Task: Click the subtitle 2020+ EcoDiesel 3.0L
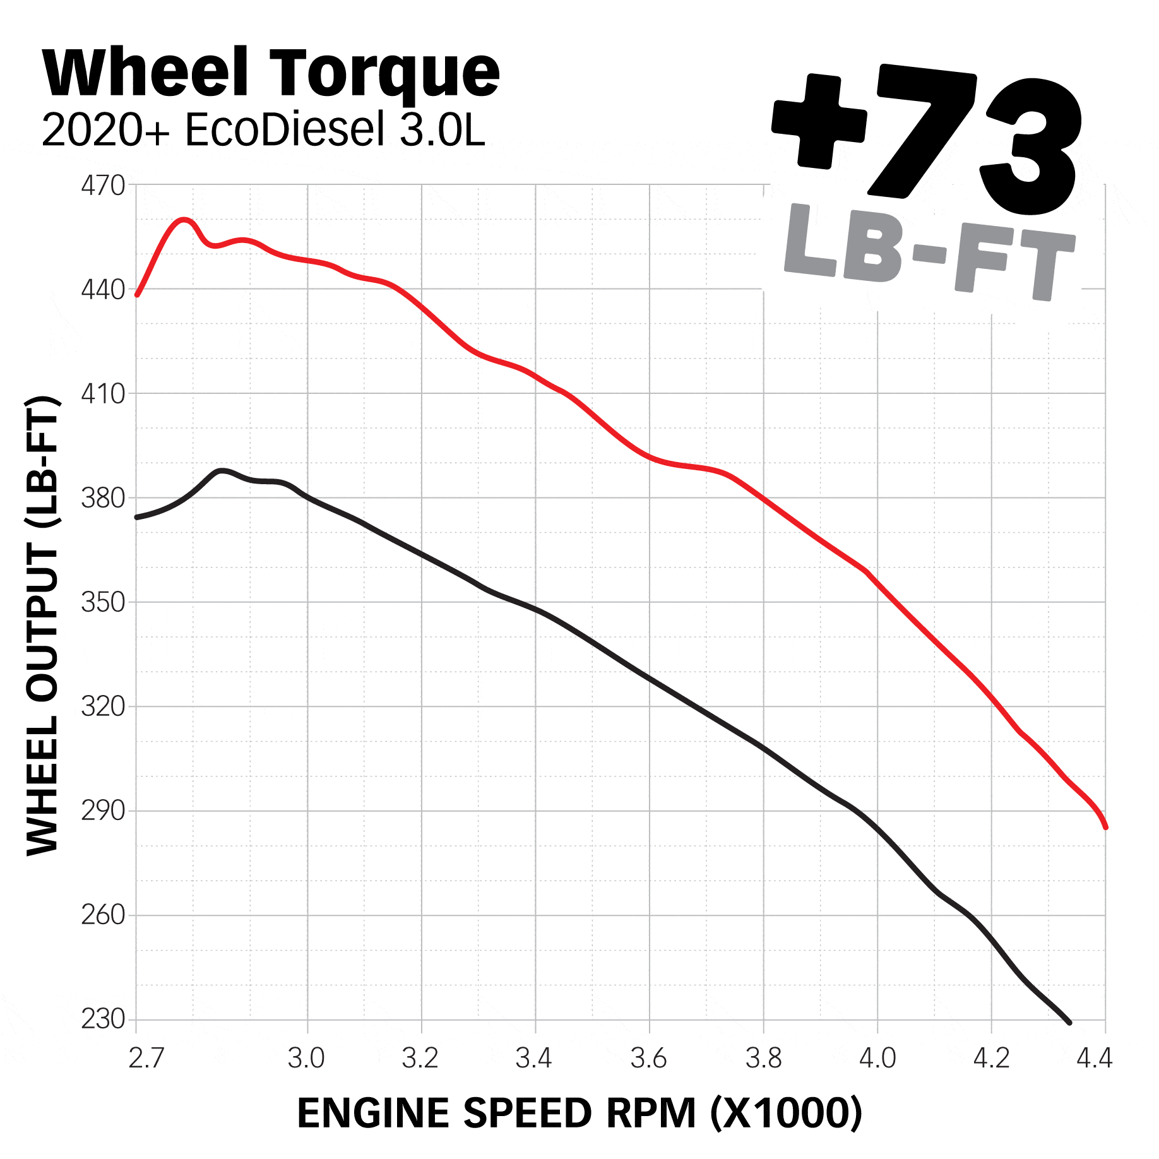[263, 131]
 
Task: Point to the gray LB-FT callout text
[928, 253]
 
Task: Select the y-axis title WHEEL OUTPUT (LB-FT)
[43, 625]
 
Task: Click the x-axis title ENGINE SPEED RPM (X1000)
[579, 1113]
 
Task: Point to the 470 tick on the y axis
[103, 186]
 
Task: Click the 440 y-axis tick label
[103, 290]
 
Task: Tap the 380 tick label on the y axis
[103, 499]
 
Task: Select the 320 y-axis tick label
[103, 707]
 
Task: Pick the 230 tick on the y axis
[103, 1019]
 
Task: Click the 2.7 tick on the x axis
[146, 1058]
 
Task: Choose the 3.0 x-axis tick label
[307, 1058]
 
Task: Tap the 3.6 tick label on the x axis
[649, 1058]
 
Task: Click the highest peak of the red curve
[184, 220]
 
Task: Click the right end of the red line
[1105, 827]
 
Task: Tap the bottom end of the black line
[1069, 1022]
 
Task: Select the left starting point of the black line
[138, 517]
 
